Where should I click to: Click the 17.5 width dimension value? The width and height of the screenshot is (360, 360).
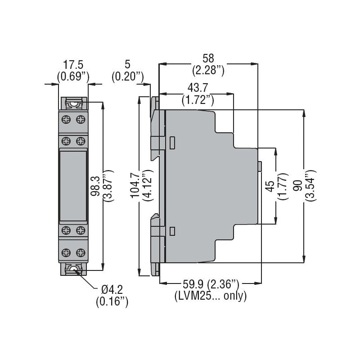73,65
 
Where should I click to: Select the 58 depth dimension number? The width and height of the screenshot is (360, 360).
208,58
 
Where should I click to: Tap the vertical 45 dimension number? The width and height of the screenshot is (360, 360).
270,185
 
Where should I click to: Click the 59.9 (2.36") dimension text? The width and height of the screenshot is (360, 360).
210,284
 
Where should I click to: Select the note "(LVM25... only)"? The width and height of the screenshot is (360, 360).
210,296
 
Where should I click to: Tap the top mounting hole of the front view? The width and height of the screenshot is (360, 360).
73,103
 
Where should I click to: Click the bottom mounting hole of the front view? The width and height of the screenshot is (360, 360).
73,269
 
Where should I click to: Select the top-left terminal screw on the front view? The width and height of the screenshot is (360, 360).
66,120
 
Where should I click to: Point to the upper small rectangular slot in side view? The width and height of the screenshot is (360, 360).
172,142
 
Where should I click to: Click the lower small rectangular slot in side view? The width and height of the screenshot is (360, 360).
172,231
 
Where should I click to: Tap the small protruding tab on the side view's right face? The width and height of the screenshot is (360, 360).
260,166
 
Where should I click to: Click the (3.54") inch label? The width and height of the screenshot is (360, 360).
310,185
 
